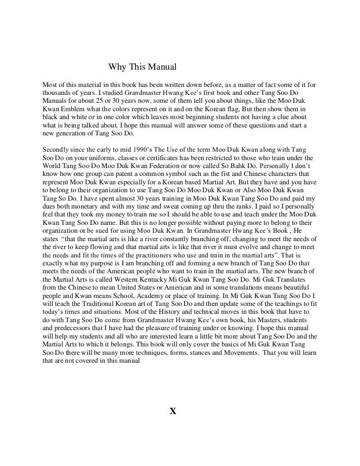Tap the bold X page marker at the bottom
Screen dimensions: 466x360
click(173, 411)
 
